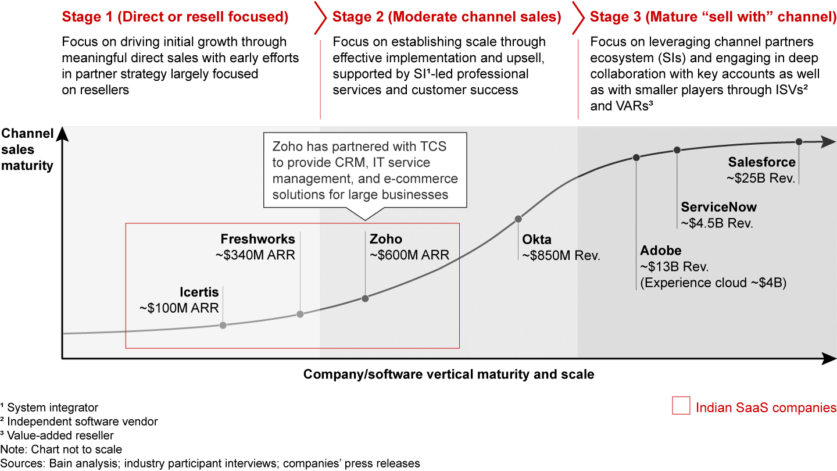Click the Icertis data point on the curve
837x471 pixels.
pyautogui.click(x=223, y=325)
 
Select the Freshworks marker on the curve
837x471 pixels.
pyautogui.click(x=300, y=314)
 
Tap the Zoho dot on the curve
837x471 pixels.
pyautogui.click(x=365, y=298)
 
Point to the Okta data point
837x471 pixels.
pyautogui.click(x=518, y=219)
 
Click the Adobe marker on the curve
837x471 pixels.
pyautogui.click(x=636, y=157)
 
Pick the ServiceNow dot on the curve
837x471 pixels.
pyautogui.click(x=677, y=150)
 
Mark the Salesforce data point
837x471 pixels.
pyautogui.click(x=799, y=142)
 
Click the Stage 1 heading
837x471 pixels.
pyautogui.click(x=175, y=17)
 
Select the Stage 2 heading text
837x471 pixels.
pyautogui.click(x=446, y=17)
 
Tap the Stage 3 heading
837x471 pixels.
pyautogui.click(x=713, y=17)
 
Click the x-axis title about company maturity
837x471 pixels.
pyautogui.click(x=449, y=374)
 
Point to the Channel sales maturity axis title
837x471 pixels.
pyautogui.click(x=27, y=149)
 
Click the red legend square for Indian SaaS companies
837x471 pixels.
pyautogui.click(x=681, y=406)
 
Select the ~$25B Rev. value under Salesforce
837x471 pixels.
pyautogui.click(x=761, y=179)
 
